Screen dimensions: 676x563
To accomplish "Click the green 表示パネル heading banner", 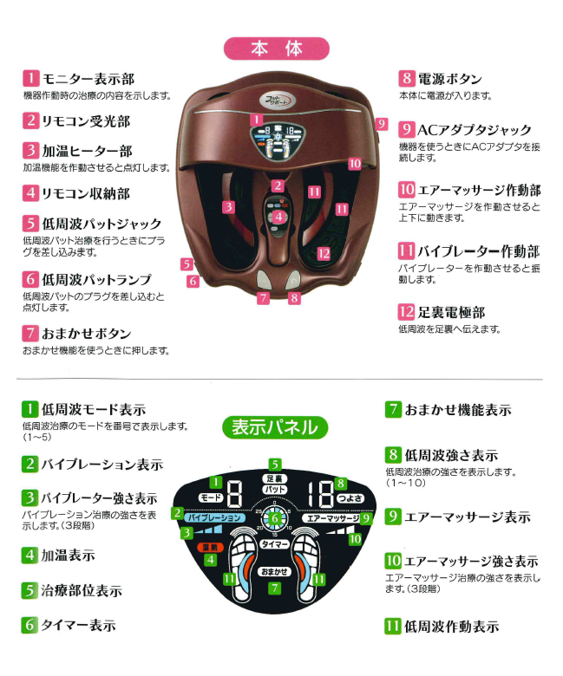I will pyautogui.click(x=274, y=427).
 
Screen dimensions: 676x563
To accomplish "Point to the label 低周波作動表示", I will pyautogui.click(x=451, y=626).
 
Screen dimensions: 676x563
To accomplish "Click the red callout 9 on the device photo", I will pyautogui.click(x=381, y=124).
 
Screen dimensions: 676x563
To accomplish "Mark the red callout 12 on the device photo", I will pyautogui.click(x=324, y=253).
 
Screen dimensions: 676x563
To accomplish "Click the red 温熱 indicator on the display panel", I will pyautogui.click(x=212, y=548).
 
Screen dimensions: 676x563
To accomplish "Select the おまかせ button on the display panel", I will pyautogui.click(x=274, y=571).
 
